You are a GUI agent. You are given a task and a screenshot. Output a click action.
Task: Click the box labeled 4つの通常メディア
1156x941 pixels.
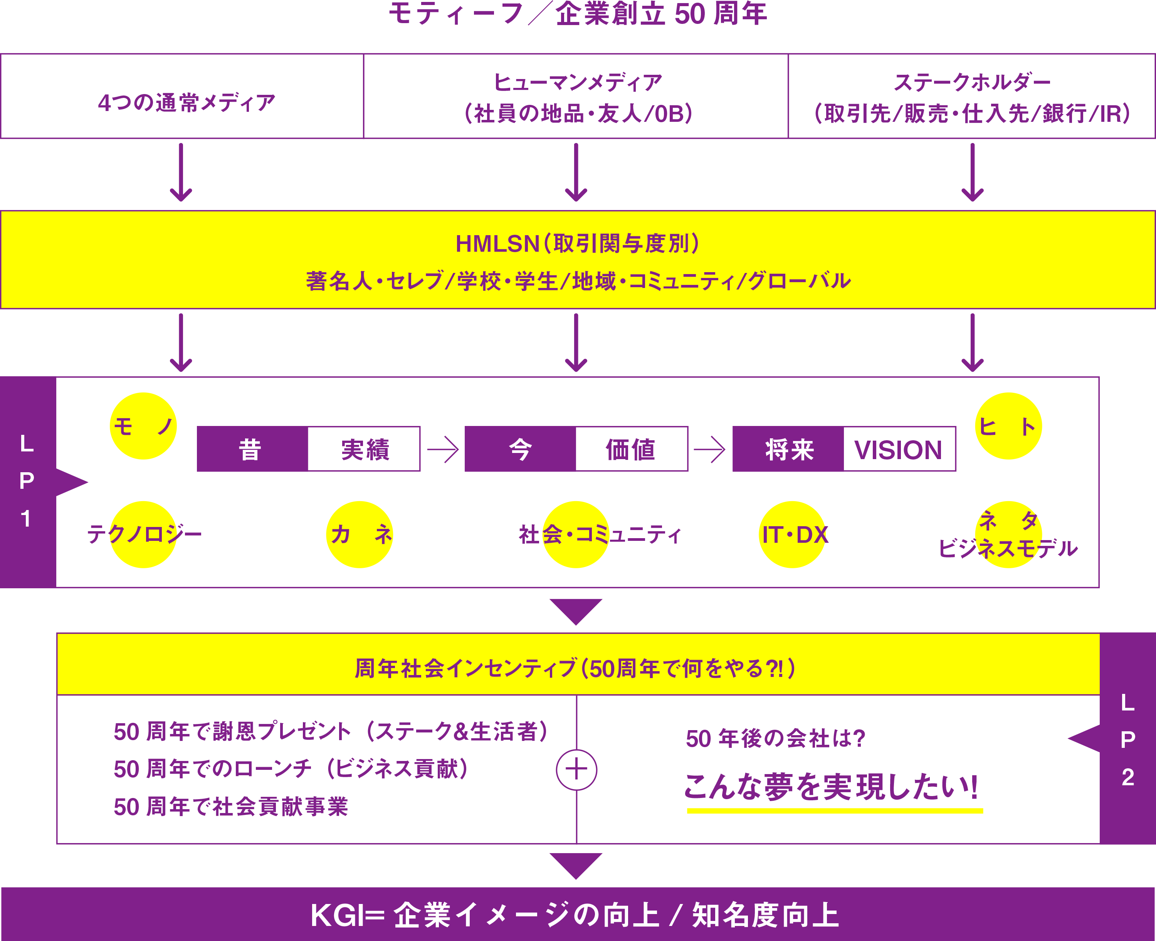[182, 96]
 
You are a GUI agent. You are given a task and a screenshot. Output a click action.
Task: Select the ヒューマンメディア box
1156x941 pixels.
[576, 96]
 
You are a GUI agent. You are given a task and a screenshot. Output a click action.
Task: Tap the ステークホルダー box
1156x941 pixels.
[972, 96]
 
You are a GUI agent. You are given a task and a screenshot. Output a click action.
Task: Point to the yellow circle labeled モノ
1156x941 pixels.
[144, 426]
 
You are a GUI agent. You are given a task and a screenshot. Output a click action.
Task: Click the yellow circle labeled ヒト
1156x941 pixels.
[1008, 426]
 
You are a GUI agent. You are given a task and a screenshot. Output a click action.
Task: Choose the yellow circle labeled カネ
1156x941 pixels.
[360, 534]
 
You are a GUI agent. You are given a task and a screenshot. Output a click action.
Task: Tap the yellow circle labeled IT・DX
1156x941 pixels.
[793, 534]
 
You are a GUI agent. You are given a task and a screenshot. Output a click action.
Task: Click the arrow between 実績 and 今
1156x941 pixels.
[443, 449]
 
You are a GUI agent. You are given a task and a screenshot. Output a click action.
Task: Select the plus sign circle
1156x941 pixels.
[576, 770]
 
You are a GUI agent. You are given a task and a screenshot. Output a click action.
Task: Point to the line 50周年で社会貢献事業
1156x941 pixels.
[231, 806]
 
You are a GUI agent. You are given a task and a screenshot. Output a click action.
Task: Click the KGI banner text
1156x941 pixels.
[575, 915]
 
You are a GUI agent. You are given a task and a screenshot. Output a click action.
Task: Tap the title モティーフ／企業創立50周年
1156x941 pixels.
[578, 13]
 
